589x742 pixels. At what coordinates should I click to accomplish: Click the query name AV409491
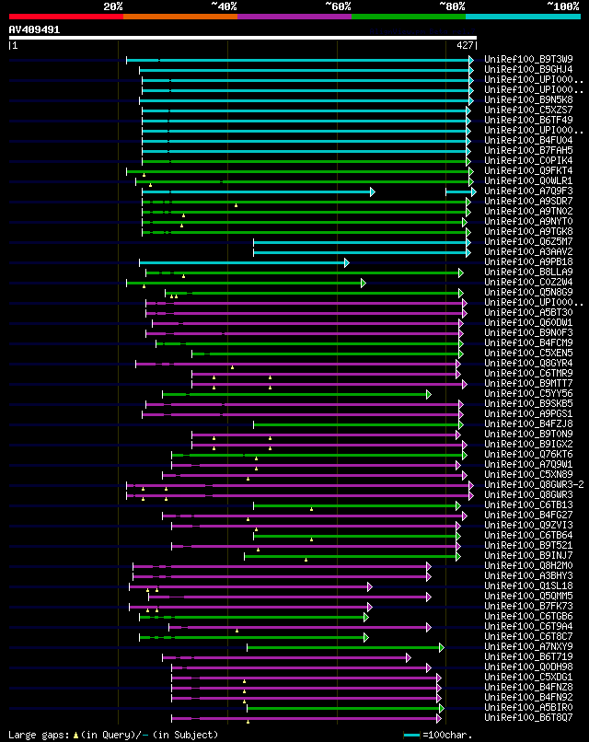click(x=35, y=29)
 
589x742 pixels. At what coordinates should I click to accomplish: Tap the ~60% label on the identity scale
click(x=338, y=6)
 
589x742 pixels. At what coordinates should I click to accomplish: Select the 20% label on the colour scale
click(x=113, y=6)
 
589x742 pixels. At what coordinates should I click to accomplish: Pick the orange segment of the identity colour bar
click(x=179, y=17)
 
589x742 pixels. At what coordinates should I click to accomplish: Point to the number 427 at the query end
click(x=465, y=44)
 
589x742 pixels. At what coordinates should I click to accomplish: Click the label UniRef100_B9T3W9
click(x=528, y=60)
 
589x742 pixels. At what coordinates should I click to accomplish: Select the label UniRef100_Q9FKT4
click(x=528, y=171)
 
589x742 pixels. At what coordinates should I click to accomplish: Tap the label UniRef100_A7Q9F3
click(x=528, y=191)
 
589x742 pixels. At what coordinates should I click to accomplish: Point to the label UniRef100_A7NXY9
click(x=528, y=647)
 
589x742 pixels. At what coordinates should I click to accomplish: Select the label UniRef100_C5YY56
click(x=528, y=394)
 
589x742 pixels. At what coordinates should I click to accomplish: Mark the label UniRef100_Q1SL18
click(x=528, y=586)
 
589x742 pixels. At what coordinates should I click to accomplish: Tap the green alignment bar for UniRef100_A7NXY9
click(x=344, y=647)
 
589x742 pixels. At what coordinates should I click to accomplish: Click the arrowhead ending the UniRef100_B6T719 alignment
click(x=408, y=657)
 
